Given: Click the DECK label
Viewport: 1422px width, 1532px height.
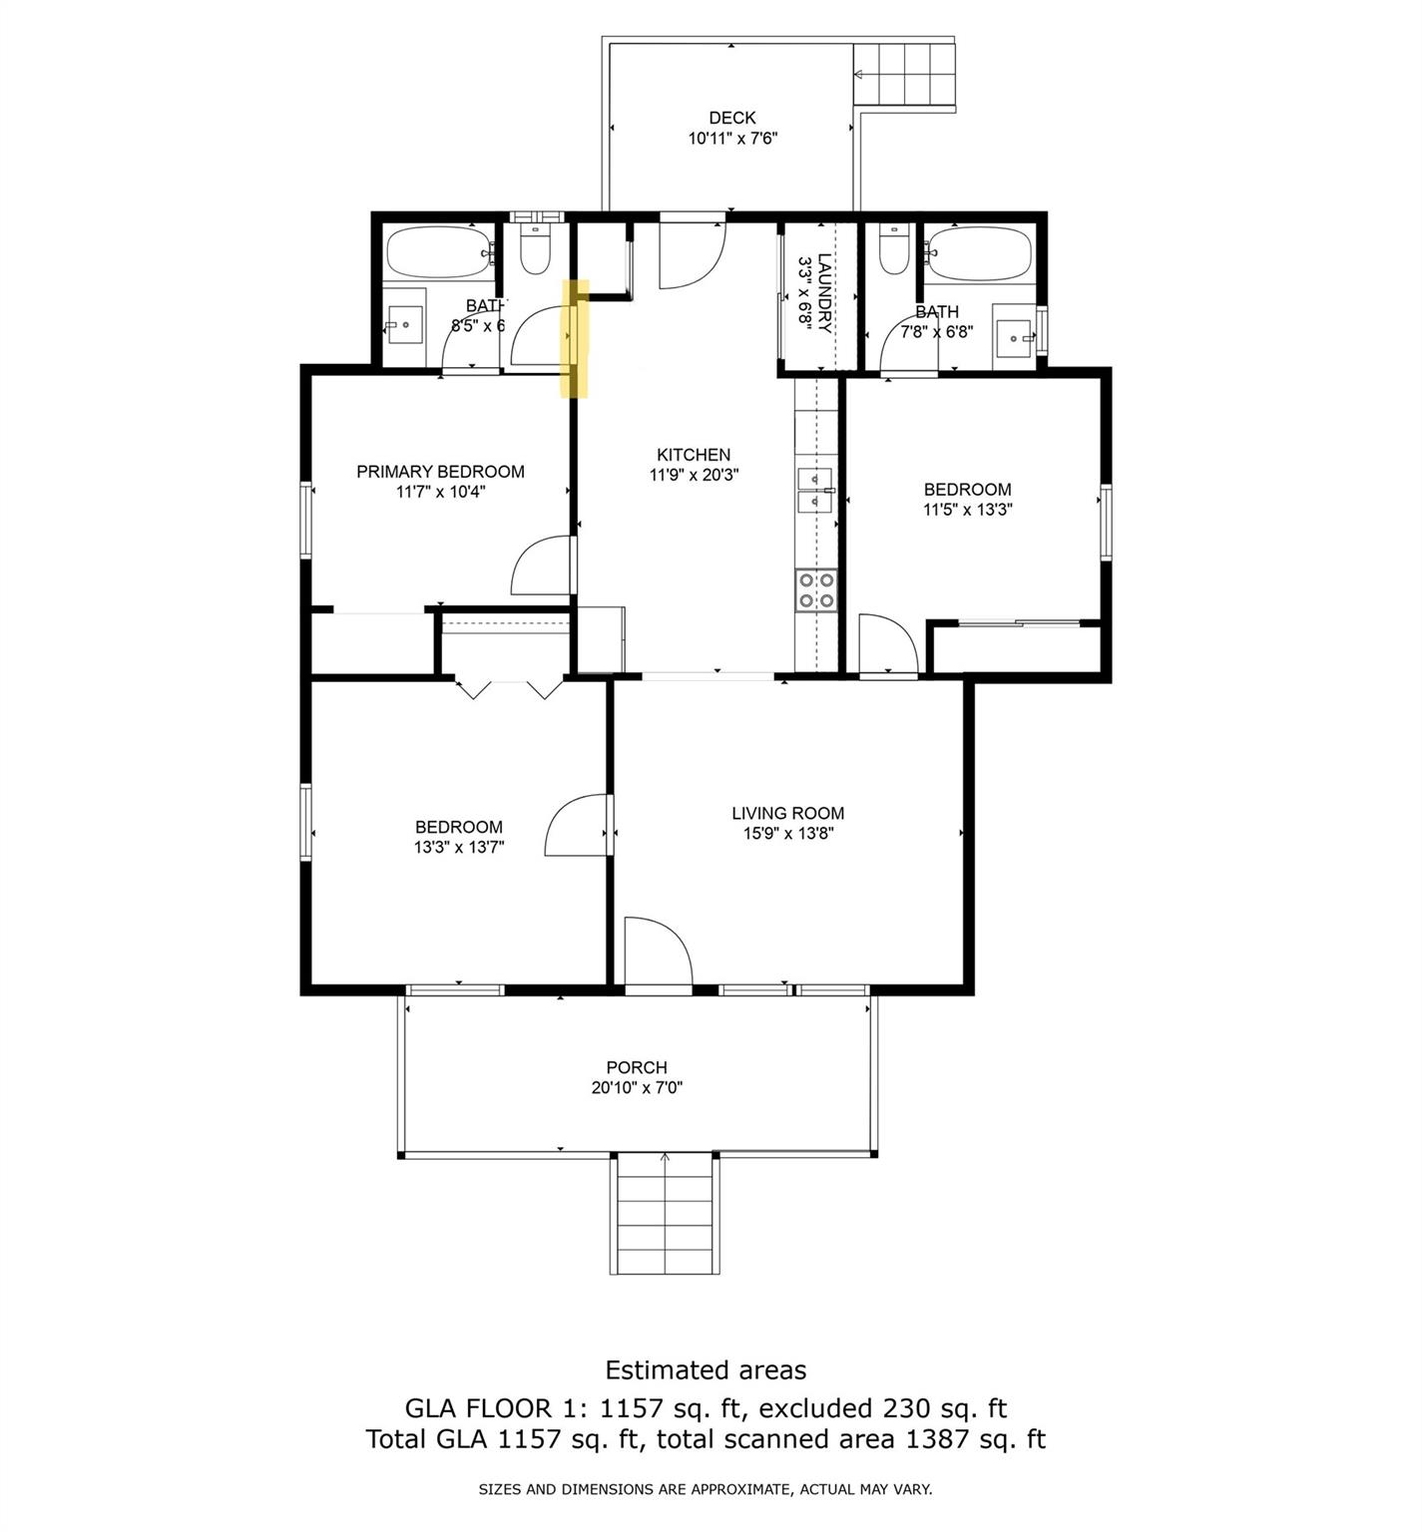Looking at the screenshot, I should coord(732,118).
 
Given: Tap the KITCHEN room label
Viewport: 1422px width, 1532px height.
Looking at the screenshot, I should coord(694,455).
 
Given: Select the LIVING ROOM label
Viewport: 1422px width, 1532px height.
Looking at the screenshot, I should coord(787,813).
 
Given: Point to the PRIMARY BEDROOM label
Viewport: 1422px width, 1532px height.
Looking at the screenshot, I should coord(440,472).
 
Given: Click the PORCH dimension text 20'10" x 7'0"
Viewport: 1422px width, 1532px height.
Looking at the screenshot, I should coord(637,1088).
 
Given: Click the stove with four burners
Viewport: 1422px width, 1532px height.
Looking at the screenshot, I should coord(815,589).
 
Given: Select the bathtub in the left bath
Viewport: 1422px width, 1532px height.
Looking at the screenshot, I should coord(440,252).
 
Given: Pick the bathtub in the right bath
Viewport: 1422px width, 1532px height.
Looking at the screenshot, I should coord(979,254).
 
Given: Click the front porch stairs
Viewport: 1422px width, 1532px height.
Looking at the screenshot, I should coord(665,1214).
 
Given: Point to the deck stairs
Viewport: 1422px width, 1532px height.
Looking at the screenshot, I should coord(905,75).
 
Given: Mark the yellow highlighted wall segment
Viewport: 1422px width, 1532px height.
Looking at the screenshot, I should coord(577,338).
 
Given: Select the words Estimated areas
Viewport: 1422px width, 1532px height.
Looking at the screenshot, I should coord(706,1370).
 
